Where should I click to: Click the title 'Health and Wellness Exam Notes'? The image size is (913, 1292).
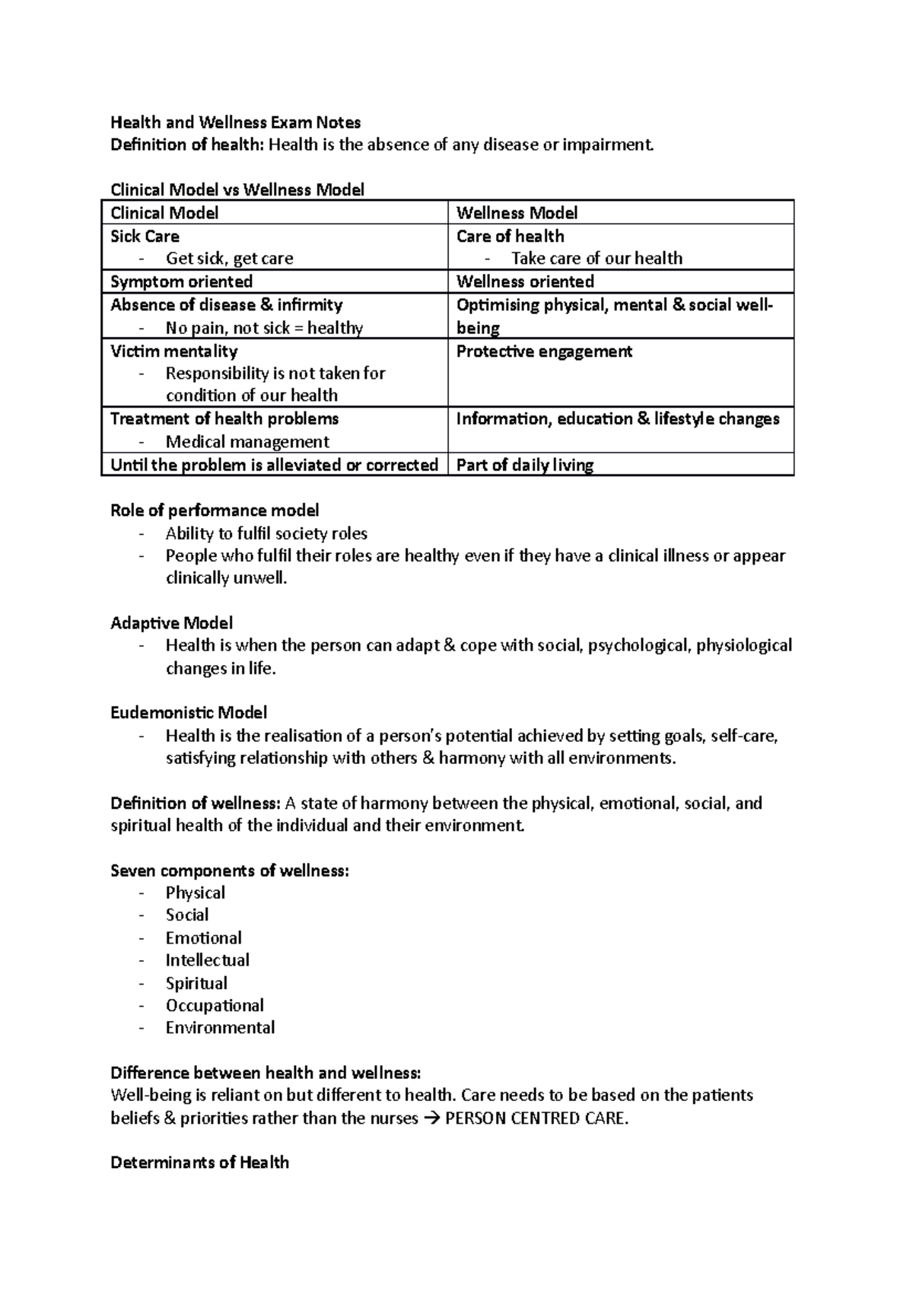[235, 123]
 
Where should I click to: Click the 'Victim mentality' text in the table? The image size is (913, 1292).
[173, 352]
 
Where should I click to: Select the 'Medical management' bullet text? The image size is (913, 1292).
[247, 442]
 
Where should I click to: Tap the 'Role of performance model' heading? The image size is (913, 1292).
[215, 511]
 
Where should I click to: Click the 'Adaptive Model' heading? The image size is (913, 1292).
[171, 623]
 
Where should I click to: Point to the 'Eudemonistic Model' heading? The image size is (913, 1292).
[189, 713]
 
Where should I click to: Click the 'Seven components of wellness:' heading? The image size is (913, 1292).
[230, 870]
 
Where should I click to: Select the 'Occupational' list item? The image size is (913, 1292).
[215, 1005]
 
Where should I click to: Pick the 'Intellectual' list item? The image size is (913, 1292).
[208, 960]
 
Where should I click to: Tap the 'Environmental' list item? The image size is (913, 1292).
[220, 1028]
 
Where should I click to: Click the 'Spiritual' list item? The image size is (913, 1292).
[196, 983]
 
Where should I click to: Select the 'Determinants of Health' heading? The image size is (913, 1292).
[199, 1163]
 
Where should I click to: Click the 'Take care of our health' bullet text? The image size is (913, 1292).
[596, 259]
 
